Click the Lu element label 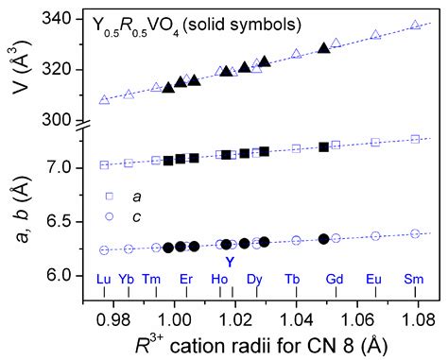[104, 279]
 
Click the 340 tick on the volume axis [69, 19]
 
